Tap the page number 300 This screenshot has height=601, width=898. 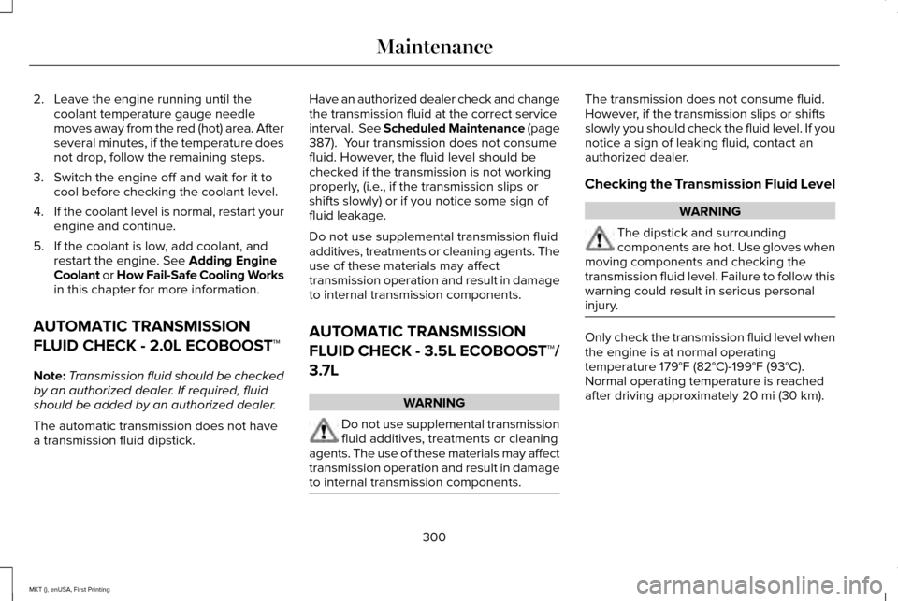tap(434, 537)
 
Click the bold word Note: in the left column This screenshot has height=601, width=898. tap(49, 374)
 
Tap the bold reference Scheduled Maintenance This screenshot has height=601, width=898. tap(449, 128)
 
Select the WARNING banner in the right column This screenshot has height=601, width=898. tap(710, 210)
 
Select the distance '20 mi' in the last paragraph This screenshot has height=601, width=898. tap(755, 395)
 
